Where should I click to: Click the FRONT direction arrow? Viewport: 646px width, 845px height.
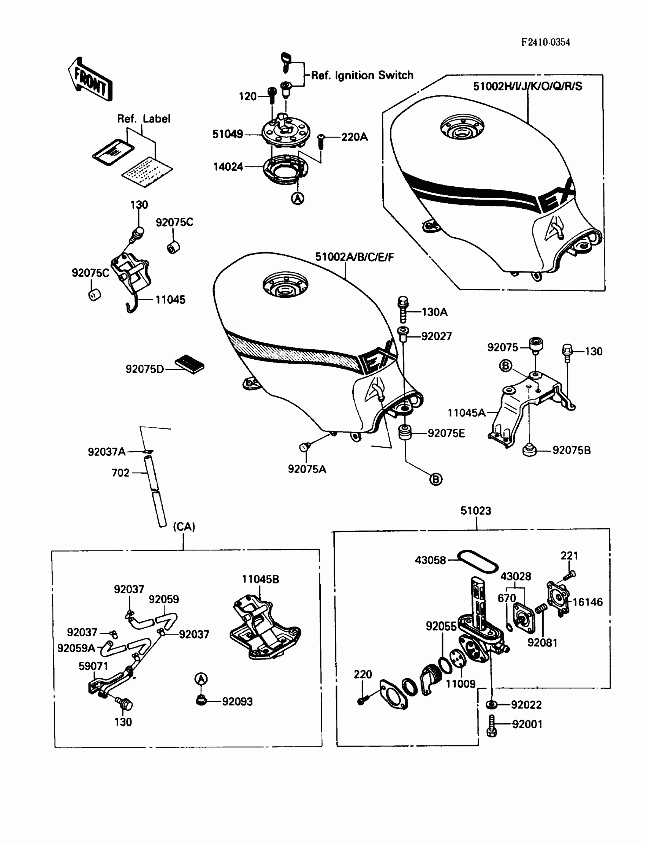pyautogui.click(x=91, y=79)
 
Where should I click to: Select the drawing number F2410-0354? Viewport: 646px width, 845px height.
pyautogui.click(x=545, y=42)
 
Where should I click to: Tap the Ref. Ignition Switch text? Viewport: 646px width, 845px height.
pyautogui.click(x=362, y=75)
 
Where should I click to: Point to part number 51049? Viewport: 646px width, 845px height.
pyautogui.click(x=228, y=134)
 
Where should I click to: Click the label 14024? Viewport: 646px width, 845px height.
pyautogui.click(x=228, y=167)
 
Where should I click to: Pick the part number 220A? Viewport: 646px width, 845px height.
pyautogui.click(x=354, y=137)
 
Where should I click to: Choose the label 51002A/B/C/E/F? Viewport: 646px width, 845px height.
pyautogui.click(x=354, y=257)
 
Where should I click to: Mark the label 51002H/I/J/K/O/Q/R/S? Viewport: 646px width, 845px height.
pyautogui.click(x=527, y=86)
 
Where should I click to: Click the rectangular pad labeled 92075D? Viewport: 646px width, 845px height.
pyautogui.click(x=190, y=363)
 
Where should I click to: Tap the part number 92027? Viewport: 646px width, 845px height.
pyautogui.click(x=436, y=336)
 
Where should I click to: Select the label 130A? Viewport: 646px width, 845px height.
pyautogui.click(x=434, y=312)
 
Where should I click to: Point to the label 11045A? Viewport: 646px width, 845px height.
pyautogui.click(x=466, y=413)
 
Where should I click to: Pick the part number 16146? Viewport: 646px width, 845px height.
pyautogui.click(x=587, y=602)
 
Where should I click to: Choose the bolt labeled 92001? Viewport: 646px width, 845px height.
pyautogui.click(x=492, y=726)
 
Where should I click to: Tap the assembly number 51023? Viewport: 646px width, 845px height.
pyautogui.click(x=476, y=511)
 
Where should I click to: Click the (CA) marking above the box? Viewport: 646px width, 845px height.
pyautogui.click(x=184, y=526)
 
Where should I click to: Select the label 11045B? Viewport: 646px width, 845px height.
pyautogui.click(x=260, y=579)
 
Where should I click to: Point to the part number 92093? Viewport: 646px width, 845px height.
pyautogui.click(x=237, y=702)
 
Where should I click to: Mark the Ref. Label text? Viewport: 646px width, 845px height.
pyautogui.click(x=143, y=119)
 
